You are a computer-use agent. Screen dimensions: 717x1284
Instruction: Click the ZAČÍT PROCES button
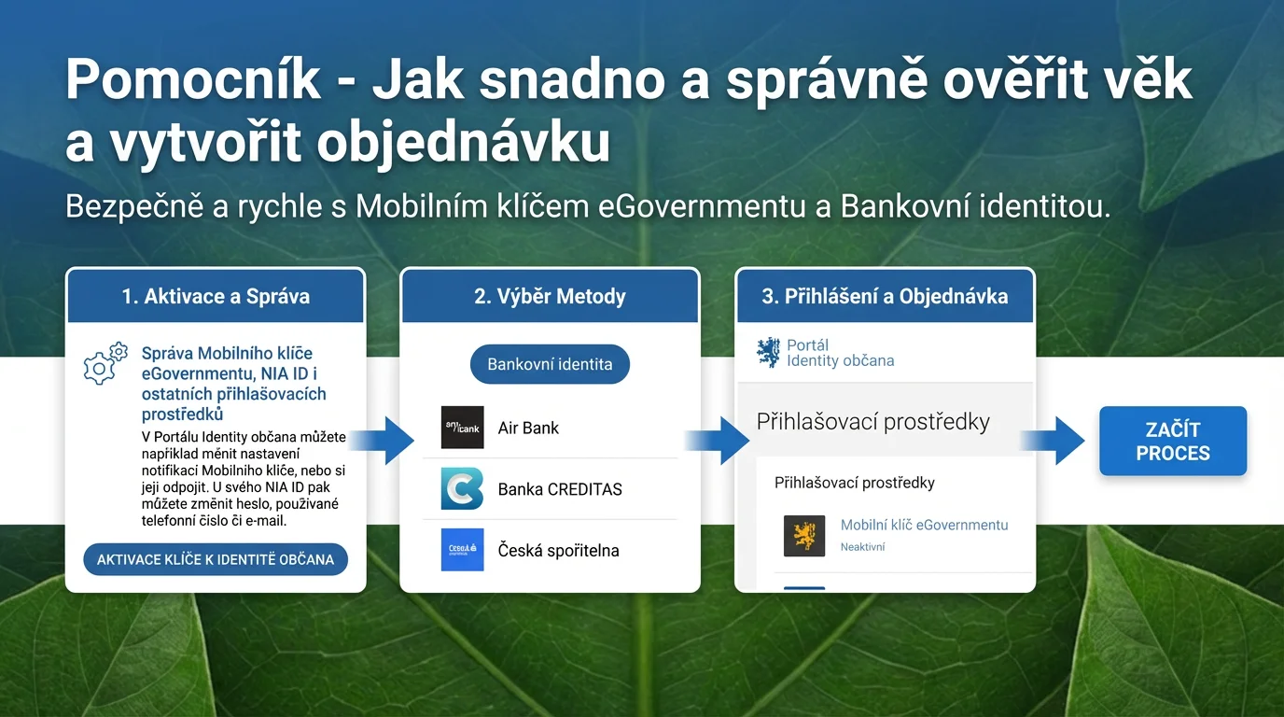coord(1172,442)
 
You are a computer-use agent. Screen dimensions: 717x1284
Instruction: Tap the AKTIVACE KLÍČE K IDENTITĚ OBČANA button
coord(216,559)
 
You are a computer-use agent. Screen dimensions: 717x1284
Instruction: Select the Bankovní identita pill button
coord(550,364)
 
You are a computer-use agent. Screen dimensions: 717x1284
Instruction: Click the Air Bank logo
coord(462,428)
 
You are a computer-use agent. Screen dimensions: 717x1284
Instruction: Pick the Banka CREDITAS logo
coord(462,488)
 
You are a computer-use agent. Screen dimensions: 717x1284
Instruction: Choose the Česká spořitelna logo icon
coord(462,550)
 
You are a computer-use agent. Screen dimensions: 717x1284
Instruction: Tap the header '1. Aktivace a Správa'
coord(216,297)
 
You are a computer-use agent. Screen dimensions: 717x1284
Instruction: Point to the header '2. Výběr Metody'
coord(550,297)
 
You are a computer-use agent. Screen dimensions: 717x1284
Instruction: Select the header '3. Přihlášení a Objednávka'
coord(885,297)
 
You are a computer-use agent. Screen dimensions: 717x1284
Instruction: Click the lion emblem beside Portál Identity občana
coord(768,353)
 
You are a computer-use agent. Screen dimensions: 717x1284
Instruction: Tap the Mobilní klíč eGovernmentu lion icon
coord(803,536)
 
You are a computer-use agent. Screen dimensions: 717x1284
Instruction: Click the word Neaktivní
coord(862,547)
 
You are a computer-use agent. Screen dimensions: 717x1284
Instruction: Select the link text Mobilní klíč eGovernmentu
coord(924,525)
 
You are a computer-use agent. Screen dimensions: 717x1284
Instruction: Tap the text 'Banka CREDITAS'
coord(560,489)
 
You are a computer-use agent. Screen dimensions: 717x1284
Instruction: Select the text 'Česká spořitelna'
coord(558,551)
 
